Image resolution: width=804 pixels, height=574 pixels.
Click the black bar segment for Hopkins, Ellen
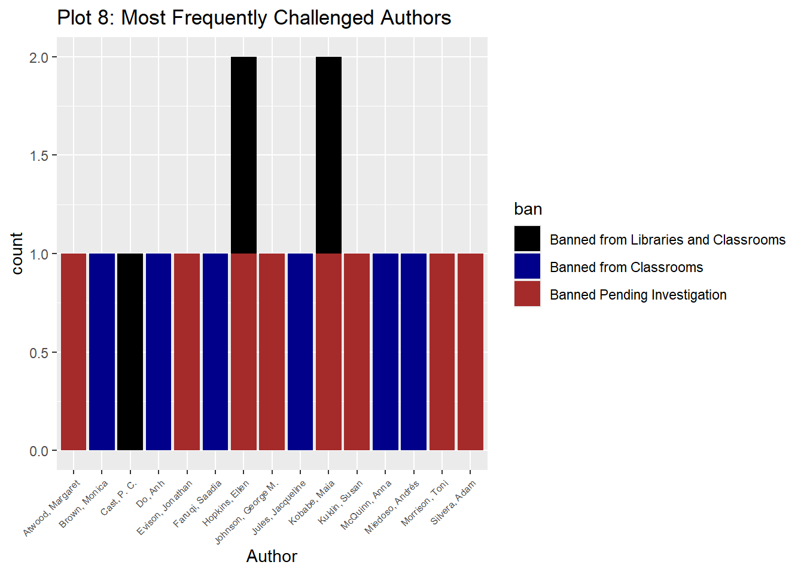click(x=243, y=155)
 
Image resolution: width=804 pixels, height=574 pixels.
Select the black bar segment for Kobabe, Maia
click(x=328, y=155)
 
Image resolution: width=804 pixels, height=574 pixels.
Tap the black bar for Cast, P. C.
click(x=130, y=352)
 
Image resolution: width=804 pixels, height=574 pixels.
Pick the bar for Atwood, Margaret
click(x=74, y=352)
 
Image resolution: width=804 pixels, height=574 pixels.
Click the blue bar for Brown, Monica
click(x=102, y=352)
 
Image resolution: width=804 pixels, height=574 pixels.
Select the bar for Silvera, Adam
click(x=470, y=352)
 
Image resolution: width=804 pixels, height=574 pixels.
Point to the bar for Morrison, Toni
click(x=442, y=352)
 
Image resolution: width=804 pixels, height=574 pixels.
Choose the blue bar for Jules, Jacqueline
click(x=300, y=352)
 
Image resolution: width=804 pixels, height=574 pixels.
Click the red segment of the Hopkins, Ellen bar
click(x=243, y=352)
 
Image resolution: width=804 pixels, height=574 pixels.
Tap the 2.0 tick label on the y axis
click(x=39, y=57)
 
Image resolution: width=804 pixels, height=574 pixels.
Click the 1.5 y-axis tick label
click(x=39, y=156)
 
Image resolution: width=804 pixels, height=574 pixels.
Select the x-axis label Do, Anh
click(x=150, y=494)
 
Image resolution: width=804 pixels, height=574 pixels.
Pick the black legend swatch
click(x=527, y=239)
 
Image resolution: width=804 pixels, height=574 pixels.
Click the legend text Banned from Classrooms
click(x=626, y=267)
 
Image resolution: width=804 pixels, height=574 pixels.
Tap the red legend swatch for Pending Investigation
click(x=527, y=294)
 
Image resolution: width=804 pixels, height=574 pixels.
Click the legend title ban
click(x=528, y=209)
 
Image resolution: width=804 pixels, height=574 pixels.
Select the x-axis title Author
click(x=272, y=556)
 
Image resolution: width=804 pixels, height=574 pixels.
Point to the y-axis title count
click(x=17, y=254)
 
